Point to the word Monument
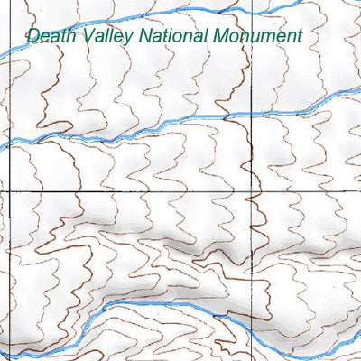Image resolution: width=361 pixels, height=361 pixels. (258, 36)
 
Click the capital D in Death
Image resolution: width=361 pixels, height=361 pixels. (33, 36)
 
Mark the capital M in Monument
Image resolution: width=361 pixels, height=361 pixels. (221, 36)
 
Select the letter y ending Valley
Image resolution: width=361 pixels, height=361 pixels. (129, 39)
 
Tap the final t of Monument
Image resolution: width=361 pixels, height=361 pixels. (297, 36)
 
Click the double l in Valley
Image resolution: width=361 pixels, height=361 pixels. (109, 36)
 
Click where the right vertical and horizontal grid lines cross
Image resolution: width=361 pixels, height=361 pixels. (253, 192)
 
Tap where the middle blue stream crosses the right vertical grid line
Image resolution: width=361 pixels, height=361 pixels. (253, 114)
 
